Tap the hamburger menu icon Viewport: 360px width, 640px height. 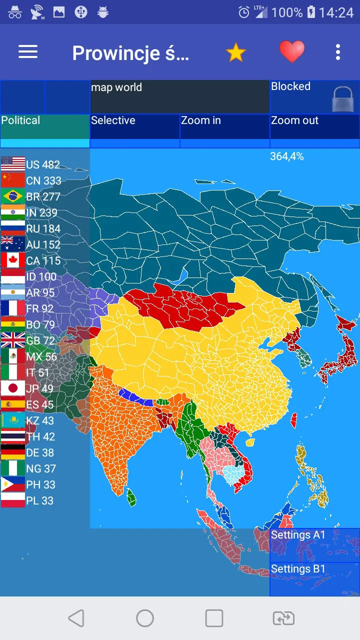(x=28, y=52)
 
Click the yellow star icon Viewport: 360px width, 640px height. (x=235, y=52)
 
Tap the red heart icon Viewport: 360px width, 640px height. (x=291, y=51)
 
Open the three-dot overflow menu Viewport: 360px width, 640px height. (x=338, y=52)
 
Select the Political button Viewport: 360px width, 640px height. (x=45, y=126)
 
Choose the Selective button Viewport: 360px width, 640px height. (x=134, y=126)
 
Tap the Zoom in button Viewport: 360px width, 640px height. (x=224, y=126)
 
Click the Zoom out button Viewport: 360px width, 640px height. (x=314, y=126)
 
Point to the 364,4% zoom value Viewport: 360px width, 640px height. (x=287, y=156)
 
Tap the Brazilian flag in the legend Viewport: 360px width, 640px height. (x=13, y=196)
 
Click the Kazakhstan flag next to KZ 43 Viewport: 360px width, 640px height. (x=13, y=420)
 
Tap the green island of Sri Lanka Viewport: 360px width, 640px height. (x=131, y=497)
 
